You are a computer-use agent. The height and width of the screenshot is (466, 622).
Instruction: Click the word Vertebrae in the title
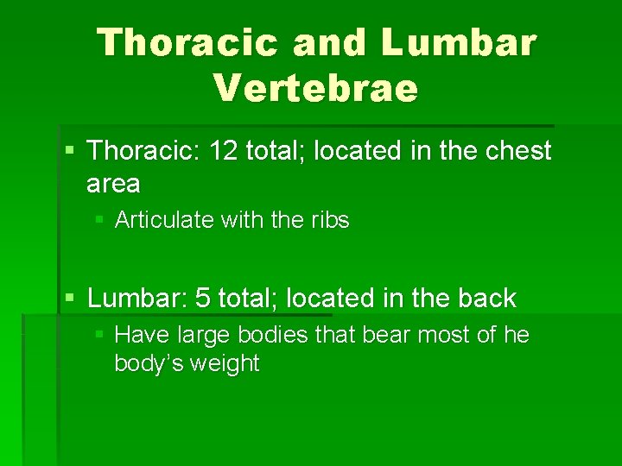point(315,87)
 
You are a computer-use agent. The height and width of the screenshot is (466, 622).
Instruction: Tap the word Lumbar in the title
point(459,41)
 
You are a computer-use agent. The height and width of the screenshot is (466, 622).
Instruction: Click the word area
point(113,184)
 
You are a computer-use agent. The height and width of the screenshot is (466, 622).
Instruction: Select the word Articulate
point(163,220)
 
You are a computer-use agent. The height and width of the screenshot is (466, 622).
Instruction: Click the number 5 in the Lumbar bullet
point(203,299)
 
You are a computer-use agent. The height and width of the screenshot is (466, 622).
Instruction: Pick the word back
point(486,299)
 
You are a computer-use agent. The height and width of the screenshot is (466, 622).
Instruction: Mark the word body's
point(147,363)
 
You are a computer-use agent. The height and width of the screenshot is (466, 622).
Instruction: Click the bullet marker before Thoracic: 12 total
point(69,152)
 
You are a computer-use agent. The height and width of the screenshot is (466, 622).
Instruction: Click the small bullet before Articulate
point(99,221)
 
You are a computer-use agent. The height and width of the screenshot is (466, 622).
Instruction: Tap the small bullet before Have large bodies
point(99,335)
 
